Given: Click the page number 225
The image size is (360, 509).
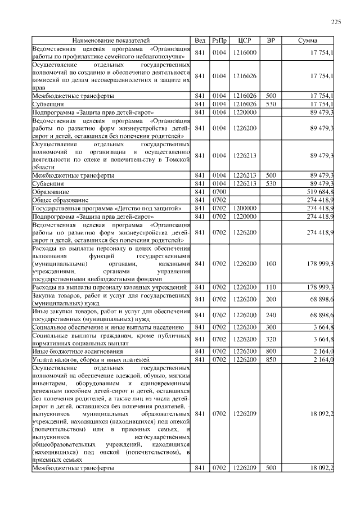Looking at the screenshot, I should point(336,22).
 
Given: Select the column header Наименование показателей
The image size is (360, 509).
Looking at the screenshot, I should point(111,41).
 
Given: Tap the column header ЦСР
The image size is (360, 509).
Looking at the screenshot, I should point(245,41).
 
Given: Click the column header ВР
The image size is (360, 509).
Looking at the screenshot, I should point(271,41).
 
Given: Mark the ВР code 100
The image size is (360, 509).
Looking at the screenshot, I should point(271,263).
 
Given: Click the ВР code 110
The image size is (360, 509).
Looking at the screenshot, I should point(271,287).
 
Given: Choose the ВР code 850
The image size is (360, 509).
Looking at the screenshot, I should point(271,359).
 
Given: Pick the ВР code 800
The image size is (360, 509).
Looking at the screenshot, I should point(271,351).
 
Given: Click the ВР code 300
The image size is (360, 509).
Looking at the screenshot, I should point(271,327).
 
